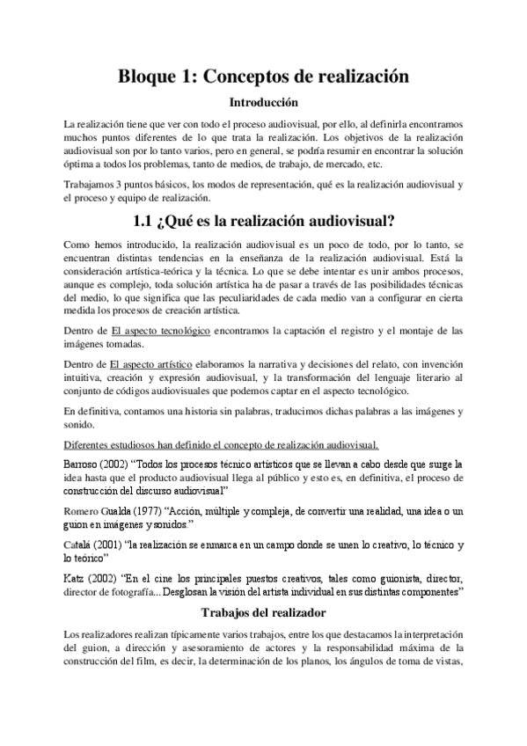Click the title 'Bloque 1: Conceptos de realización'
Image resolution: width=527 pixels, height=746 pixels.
click(263, 77)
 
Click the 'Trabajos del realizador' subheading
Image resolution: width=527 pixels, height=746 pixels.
click(263, 612)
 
